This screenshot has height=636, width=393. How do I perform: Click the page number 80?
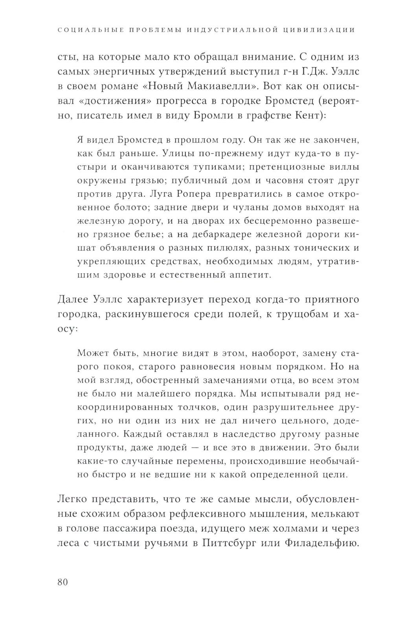click(63, 582)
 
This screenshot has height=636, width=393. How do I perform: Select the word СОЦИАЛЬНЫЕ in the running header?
click(90, 30)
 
